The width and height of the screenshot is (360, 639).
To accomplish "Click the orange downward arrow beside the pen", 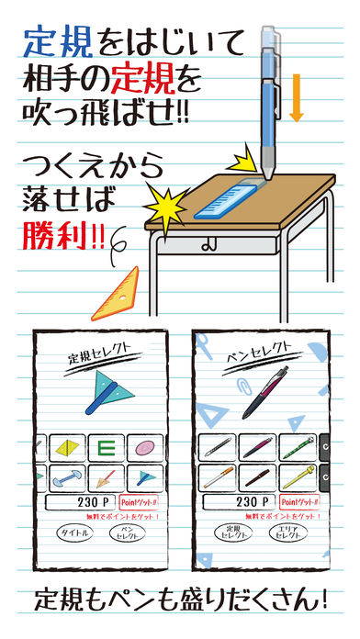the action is click(x=295, y=101).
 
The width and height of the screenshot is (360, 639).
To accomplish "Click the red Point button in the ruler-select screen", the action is click(x=139, y=503).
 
